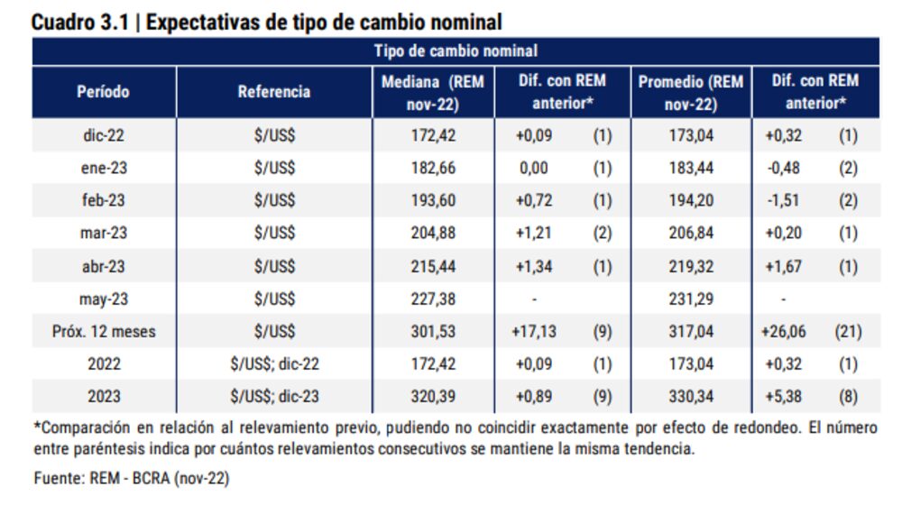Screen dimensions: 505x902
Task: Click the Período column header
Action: click(x=103, y=92)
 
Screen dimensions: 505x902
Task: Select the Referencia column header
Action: click(x=274, y=92)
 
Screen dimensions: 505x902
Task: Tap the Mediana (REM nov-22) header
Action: click(x=433, y=93)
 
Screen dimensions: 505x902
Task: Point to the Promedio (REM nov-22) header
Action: click(x=691, y=93)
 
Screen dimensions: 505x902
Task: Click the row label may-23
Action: click(x=103, y=298)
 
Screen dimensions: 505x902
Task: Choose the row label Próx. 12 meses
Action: click(x=103, y=332)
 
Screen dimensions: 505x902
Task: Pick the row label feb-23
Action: click(x=103, y=200)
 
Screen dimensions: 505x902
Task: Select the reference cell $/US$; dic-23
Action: click(x=274, y=397)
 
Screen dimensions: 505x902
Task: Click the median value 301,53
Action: click(x=433, y=332)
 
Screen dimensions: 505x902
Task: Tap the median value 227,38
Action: click(x=433, y=298)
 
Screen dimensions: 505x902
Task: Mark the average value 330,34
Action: click(x=691, y=397)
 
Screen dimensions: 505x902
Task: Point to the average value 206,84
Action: click(x=691, y=234)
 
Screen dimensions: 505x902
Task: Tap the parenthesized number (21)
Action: click(x=847, y=332)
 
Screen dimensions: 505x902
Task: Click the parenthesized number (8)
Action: click(x=847, y=397)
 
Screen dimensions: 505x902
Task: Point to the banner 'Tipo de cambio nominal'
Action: click(x=456, y=51)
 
